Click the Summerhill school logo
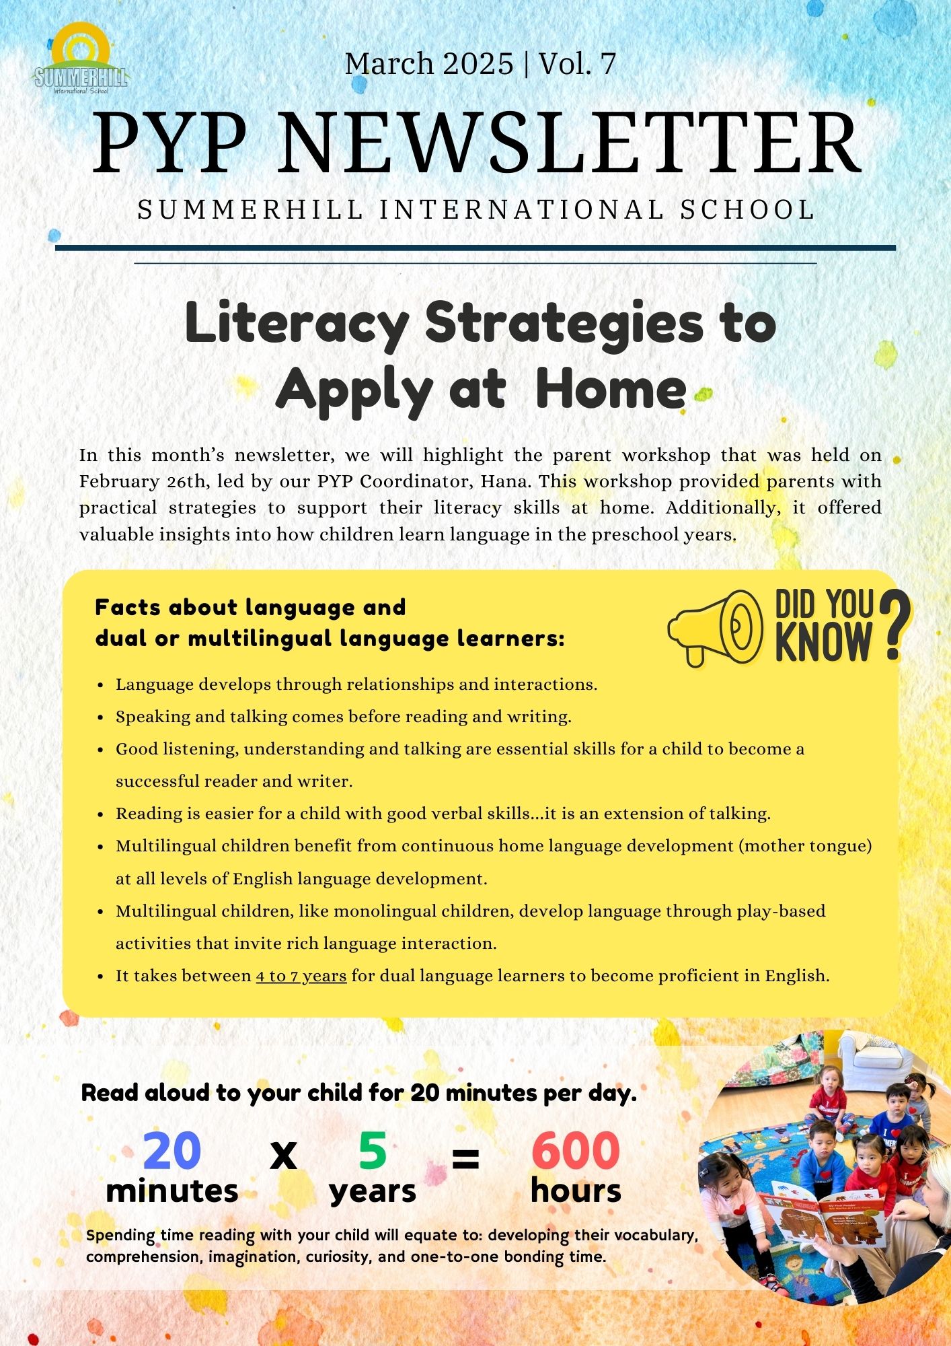click(x=80, y=60)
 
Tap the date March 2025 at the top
click(x=428, y=64)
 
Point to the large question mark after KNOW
click(x=894, y=624)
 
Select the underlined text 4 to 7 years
click(x=301, y=976)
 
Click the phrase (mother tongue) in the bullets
click(x=805, y=846)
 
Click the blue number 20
click(x=172, y=1150)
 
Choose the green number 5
click(x=372, y=1150)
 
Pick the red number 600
click(x=576, y=1150)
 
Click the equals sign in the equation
click(x=465, y=1158)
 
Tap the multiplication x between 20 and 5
click(x=283, y=1156)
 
